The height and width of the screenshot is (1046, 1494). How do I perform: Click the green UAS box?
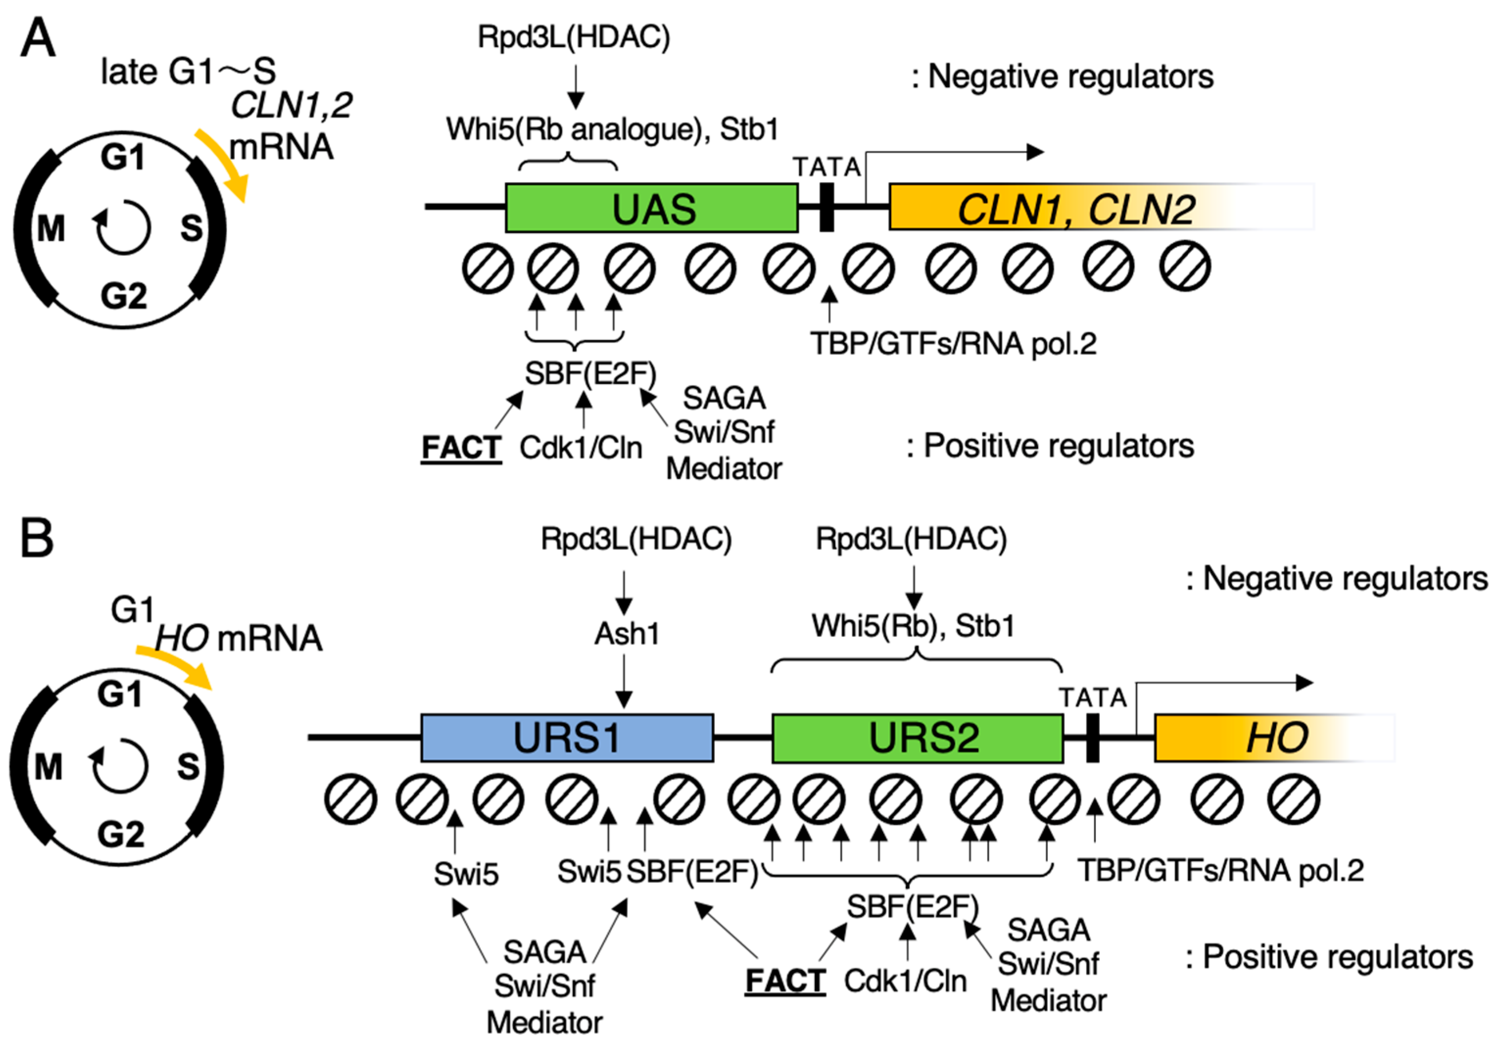[x=651, y=208]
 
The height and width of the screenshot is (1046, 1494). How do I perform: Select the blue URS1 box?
[x=567, y=737]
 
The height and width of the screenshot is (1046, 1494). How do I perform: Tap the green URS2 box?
[x=918, y=737]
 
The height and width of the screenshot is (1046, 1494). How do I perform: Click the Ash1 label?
[x=627, y=633]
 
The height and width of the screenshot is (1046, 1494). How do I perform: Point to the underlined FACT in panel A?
[x=461, y=448]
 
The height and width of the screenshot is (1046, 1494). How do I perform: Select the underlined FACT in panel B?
[x=785, y=980]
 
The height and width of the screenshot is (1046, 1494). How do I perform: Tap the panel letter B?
[x=36, y=539]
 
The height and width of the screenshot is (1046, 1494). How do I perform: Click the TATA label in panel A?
[x=827, y=167]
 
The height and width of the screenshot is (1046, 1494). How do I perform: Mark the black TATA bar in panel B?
[x=1092, y=737]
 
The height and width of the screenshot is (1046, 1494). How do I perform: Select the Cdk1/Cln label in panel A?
[x=580, y=448]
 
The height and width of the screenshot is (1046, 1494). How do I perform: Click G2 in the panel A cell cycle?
[x=123, y=296]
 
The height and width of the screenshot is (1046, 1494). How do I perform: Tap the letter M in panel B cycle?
[x=49, y=767]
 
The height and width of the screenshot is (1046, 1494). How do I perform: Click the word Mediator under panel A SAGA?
[x=724, y=469]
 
